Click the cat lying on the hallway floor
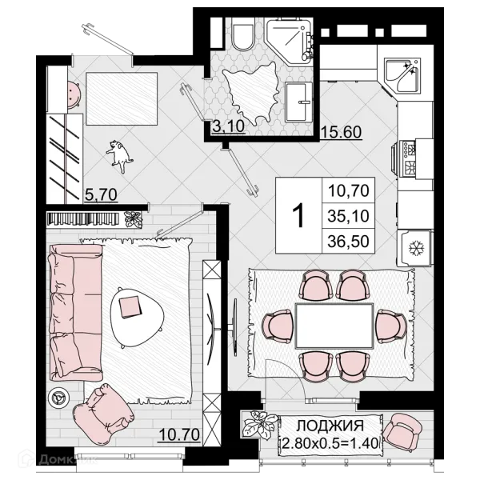click(x=120, y=155)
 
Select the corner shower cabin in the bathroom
click(x=290, y=41)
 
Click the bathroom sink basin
click(x=299, y=102)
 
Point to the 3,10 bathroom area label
click(x=228, y=126)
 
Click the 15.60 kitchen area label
click(x=341, y=132)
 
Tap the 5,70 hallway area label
click(x=101, y=194)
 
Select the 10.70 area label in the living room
click(x=179, y=434)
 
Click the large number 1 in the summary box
click(x=298, y=215)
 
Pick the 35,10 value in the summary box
click(x=348, y=216)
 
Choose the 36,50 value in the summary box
click(x=348, y=242)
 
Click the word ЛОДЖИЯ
click(x=330, y=426)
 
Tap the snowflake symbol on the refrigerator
click(x=416, y=248)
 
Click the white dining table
click(x=334, y=326)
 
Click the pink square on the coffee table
click(x=130, y=307)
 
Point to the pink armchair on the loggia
click(x=402, y=431)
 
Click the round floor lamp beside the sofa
click(x=58, y=398)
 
